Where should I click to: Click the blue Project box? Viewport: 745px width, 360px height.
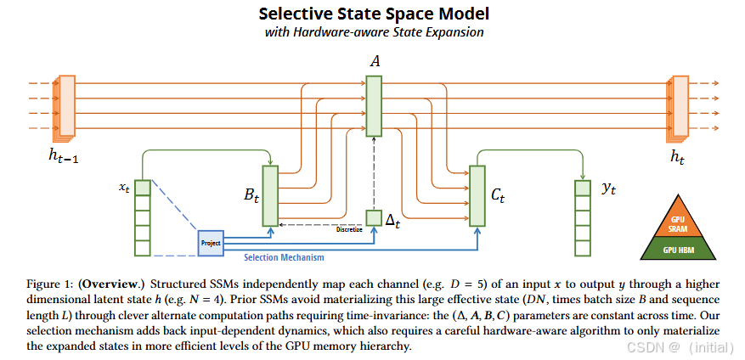[x=210, y=243]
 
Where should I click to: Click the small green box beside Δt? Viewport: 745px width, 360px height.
[x=374, y=218]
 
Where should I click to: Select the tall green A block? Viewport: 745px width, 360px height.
[x=375, y=105]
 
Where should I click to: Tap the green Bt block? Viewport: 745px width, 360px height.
[x=271, y=196]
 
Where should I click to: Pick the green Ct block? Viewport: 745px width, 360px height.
[x=477, y=196]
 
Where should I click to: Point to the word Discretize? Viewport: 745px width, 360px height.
[x=348, y=228]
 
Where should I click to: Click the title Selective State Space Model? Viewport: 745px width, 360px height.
[x=374, y=14]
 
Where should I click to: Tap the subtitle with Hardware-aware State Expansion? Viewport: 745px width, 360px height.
[x=374, y=33]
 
